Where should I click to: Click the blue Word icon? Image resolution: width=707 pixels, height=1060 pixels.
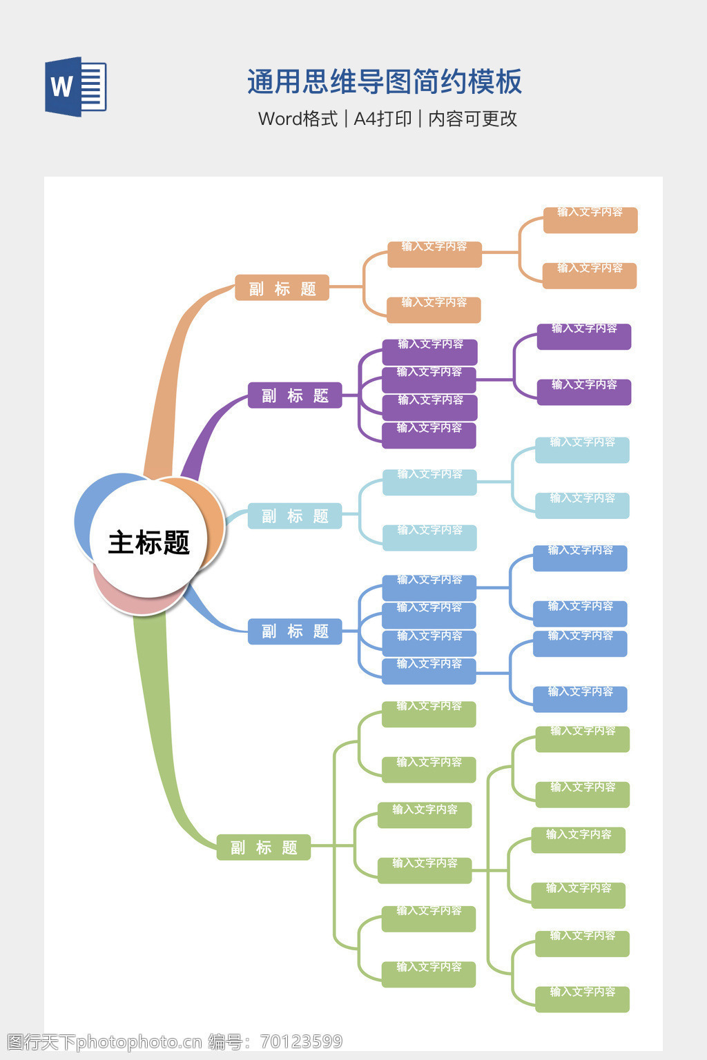pos(75,86)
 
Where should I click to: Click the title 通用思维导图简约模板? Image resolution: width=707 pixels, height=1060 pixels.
pos(385,82)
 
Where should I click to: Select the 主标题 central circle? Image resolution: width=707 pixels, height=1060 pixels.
pos(148,542)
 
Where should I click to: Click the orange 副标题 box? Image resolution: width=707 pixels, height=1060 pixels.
pos(282,288)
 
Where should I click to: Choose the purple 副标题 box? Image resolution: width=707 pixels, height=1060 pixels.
pos(295,395)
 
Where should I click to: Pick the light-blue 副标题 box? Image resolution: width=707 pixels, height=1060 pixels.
pos(295,516)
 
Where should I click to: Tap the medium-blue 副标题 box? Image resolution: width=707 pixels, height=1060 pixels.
pos(295,631)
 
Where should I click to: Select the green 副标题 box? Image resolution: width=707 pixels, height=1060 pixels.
pos(264,847)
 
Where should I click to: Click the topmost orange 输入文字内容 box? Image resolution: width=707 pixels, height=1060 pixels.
pos(590,220)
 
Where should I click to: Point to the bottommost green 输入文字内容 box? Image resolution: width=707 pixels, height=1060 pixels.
pos(582,999)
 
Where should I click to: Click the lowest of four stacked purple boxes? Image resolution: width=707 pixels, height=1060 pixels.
pos(429,435)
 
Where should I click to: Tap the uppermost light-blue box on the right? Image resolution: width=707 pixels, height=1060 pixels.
pos(582,450)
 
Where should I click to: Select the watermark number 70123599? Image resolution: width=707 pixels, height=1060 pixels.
pos(301,1041)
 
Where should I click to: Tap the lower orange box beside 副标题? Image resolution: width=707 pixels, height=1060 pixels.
pos(434,310)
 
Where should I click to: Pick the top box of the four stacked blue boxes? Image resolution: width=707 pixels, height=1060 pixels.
pos(429,587)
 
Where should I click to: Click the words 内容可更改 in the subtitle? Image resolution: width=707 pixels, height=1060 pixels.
pos(472,119)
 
